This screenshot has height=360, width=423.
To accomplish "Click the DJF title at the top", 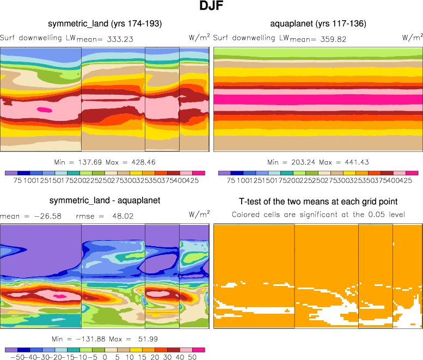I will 211,7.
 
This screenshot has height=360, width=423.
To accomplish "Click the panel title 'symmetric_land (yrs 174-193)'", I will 105,23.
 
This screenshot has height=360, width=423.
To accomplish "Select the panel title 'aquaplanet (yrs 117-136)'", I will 318,23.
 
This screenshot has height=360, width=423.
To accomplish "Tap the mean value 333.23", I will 117,39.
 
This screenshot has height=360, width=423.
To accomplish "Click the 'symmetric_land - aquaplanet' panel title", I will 105,200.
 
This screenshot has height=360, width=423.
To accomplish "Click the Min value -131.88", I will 87,339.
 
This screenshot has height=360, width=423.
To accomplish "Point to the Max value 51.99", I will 143,339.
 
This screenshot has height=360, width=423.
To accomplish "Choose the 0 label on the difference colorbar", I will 105,358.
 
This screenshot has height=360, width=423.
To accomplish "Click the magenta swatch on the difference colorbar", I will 199,350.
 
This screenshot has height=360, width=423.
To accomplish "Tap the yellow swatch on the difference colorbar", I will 136,350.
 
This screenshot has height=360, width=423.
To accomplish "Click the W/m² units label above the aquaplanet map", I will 412,38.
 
